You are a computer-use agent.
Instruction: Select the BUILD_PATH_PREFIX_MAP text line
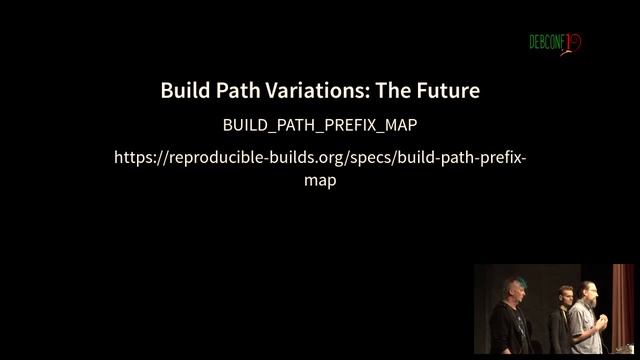320,126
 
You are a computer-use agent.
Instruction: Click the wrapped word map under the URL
320,181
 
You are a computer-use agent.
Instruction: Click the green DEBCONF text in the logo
547,43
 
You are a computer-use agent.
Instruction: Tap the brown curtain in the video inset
622,300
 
